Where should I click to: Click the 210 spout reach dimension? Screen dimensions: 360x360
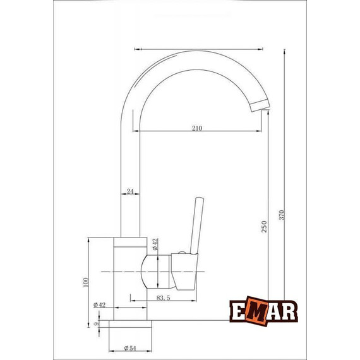(x=197, y=128)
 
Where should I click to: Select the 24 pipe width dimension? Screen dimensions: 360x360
(x=130, y=191)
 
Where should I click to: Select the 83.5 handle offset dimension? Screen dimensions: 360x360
(x=164, y=297)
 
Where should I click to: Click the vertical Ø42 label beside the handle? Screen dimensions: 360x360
(x=154, y=245)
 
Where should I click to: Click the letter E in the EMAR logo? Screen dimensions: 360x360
(x=239, y=313)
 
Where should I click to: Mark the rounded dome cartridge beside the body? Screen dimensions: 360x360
(x=149, y=273)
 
